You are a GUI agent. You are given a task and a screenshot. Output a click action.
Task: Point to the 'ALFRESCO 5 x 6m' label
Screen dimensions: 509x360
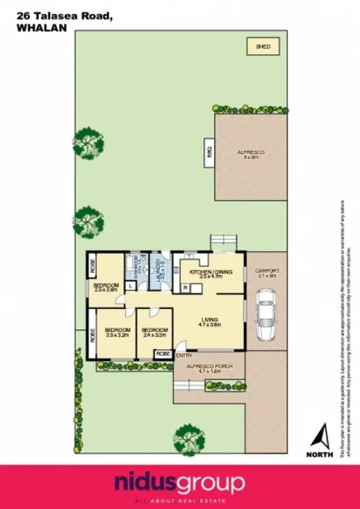(251, 156)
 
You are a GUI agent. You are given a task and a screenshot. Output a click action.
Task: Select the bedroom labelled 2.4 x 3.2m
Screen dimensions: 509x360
(155, 334)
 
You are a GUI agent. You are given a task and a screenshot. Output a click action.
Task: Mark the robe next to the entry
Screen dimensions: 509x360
(163, 353)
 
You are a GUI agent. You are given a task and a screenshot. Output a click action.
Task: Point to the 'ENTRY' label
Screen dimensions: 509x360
(185, 355)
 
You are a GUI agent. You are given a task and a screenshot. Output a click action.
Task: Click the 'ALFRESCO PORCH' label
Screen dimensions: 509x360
(209, 368)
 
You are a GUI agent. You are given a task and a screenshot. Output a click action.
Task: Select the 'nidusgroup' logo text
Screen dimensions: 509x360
(179, 484)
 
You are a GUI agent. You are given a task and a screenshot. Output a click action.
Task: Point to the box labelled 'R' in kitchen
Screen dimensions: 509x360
(186, 287)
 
